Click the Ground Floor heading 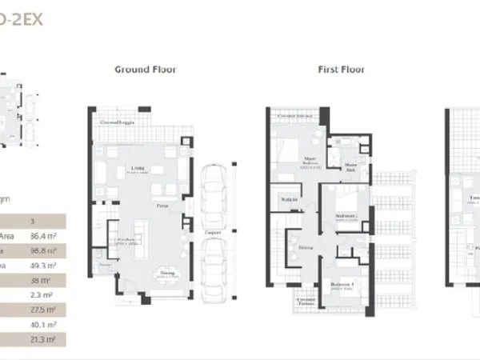point(145,70)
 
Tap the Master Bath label point(350,166)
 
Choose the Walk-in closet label point(290,198)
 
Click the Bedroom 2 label point(345,216)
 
